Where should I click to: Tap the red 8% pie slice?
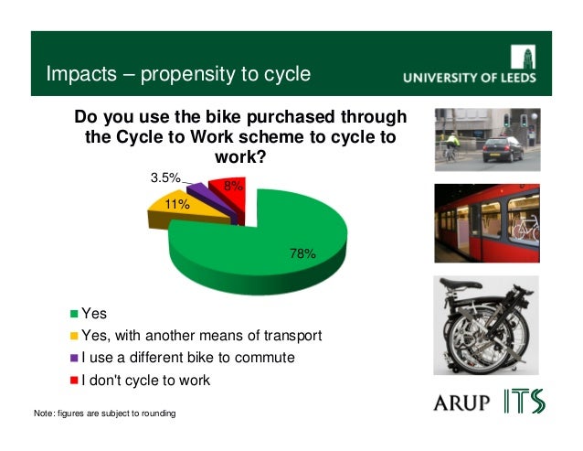(228, 194)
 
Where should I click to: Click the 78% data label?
(302, 253)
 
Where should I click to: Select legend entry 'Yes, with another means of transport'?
(201, 336)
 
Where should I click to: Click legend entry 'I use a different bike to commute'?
(187, 358)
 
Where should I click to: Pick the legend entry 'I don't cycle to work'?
(146, 380)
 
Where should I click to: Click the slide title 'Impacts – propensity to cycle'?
(178, 73)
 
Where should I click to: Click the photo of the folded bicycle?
(486, 325)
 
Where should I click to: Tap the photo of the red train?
(486, 223)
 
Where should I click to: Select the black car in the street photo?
(503, 148)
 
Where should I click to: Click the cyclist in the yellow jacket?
(450, 146)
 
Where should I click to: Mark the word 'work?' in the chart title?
(239, 157)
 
